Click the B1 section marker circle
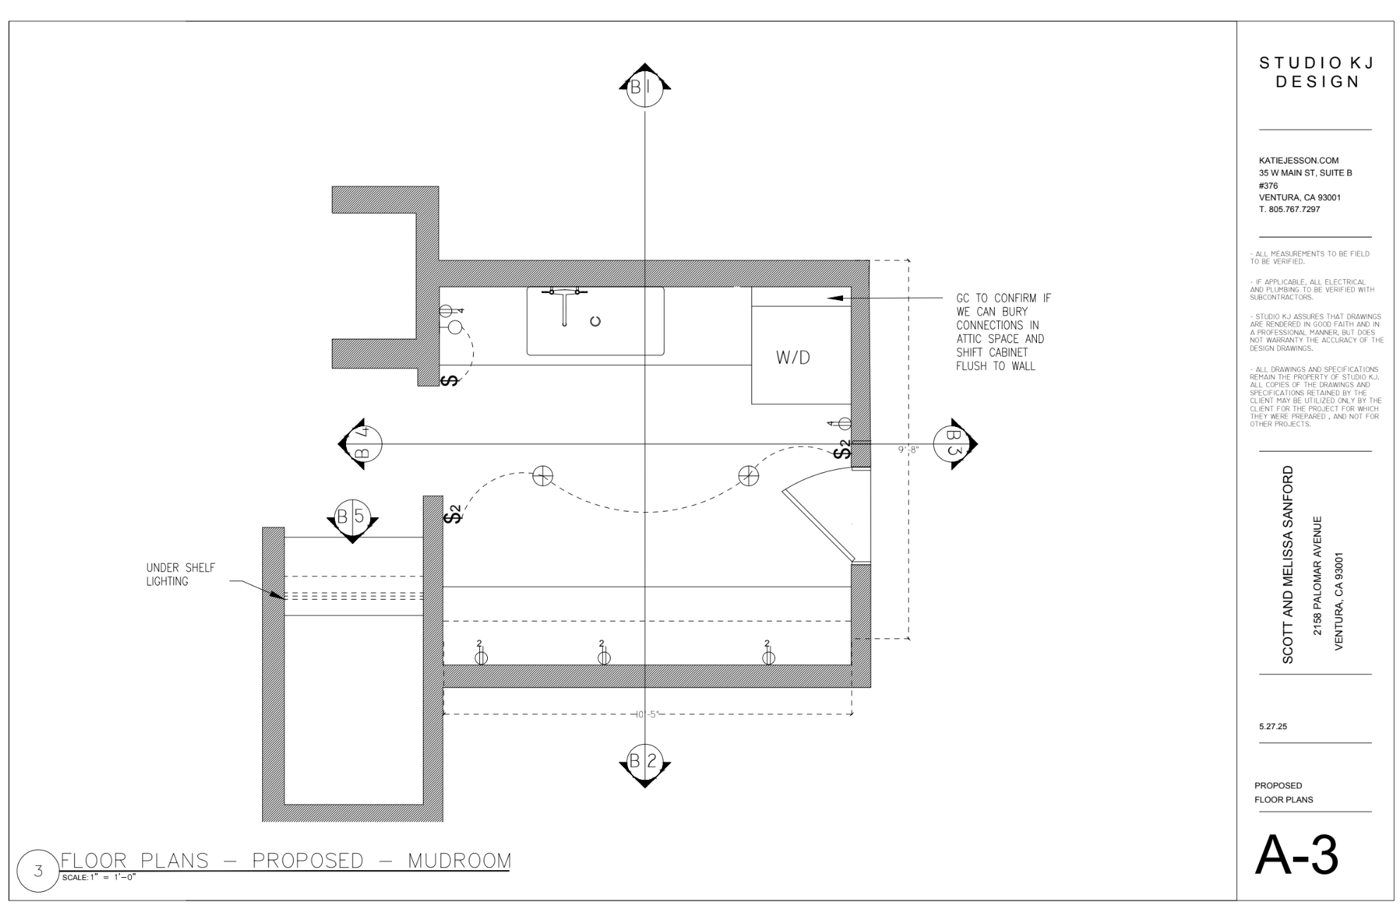coord(644,87)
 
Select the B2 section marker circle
coord(644,762)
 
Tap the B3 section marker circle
coord(952,444)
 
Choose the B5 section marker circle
coord(352,518)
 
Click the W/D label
coord(793,357)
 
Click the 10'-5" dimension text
coord(646,714)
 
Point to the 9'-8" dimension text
coord(908,450)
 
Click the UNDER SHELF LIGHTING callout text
coord(180,574)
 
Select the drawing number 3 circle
coord(38,871)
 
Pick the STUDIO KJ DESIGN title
coord(1316,73)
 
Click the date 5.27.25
coord(1272,726)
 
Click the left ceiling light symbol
coord(542,476)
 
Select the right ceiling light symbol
coord(749,476)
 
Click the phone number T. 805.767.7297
coord(1289,209)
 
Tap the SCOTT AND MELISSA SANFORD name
coord(1288,564)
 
